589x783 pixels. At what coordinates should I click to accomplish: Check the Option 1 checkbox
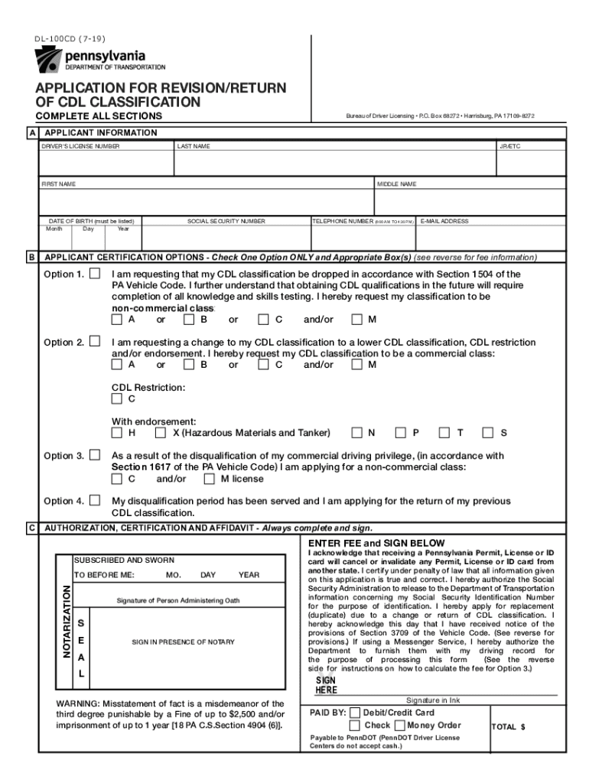tap(95, 274)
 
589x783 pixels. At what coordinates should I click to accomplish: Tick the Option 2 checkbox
tap(95, 342)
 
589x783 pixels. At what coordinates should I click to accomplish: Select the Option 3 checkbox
tap(95, 455)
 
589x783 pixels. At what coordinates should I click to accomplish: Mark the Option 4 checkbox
tap(95, 501)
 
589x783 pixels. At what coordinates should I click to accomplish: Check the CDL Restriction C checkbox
tap(116, 398)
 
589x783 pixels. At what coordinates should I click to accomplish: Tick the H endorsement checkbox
tap(116, 433)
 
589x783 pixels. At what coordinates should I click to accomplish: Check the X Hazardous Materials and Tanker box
tap(161, 433)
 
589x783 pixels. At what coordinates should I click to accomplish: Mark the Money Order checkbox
tap(400, 725)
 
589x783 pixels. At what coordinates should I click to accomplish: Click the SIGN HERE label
tap(326, 685)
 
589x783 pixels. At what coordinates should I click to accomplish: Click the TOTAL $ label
tap(508, 727)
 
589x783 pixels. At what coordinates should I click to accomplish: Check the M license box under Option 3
tap(209, 479)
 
